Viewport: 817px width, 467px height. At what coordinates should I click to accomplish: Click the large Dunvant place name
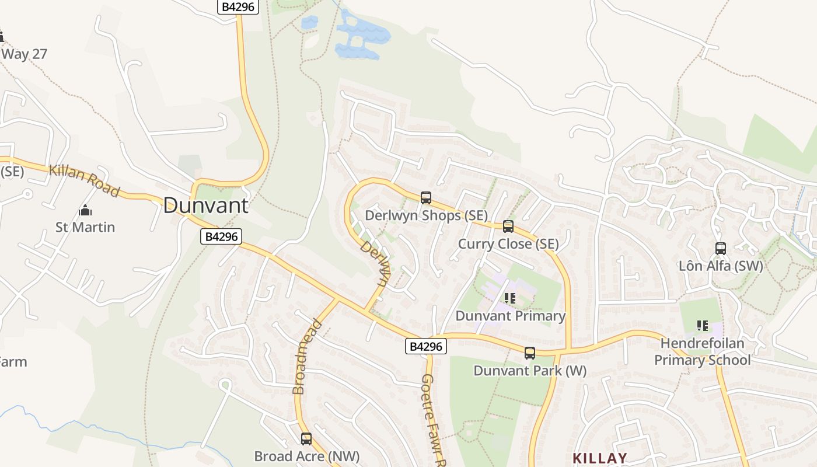tap(205, 205)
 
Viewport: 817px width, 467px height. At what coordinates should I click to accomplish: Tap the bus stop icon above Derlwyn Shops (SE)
tap(426, 197)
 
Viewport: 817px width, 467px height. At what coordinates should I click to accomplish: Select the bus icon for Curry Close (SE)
tap(508, 226)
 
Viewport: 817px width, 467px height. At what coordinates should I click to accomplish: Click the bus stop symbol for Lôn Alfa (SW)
tap(721, 248)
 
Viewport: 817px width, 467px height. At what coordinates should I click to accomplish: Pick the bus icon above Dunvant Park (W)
tap(530, 353)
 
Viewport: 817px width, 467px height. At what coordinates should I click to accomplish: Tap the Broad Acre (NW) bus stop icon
tap(306, 438)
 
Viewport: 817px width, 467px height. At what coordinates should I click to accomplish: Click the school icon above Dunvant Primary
tap(510, 298)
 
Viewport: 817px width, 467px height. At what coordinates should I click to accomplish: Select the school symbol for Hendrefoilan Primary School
tap(703, 325)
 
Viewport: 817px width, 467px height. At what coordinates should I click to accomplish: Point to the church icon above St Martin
tap(85, 210)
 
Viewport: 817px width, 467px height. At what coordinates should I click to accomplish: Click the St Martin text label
tap(85, 227)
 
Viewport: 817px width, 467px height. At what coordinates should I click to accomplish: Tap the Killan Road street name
tap(84, 180)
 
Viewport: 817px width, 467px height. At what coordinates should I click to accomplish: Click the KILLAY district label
tap(600, 458)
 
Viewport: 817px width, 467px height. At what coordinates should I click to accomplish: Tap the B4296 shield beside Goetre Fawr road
tap(426, 347)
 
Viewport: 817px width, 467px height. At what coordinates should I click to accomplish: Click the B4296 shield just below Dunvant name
tap(221, 236)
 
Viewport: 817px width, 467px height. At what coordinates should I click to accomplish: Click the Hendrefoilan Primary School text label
tap(703, 351)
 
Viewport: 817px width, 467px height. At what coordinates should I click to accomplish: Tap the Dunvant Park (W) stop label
tap(530, 371)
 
